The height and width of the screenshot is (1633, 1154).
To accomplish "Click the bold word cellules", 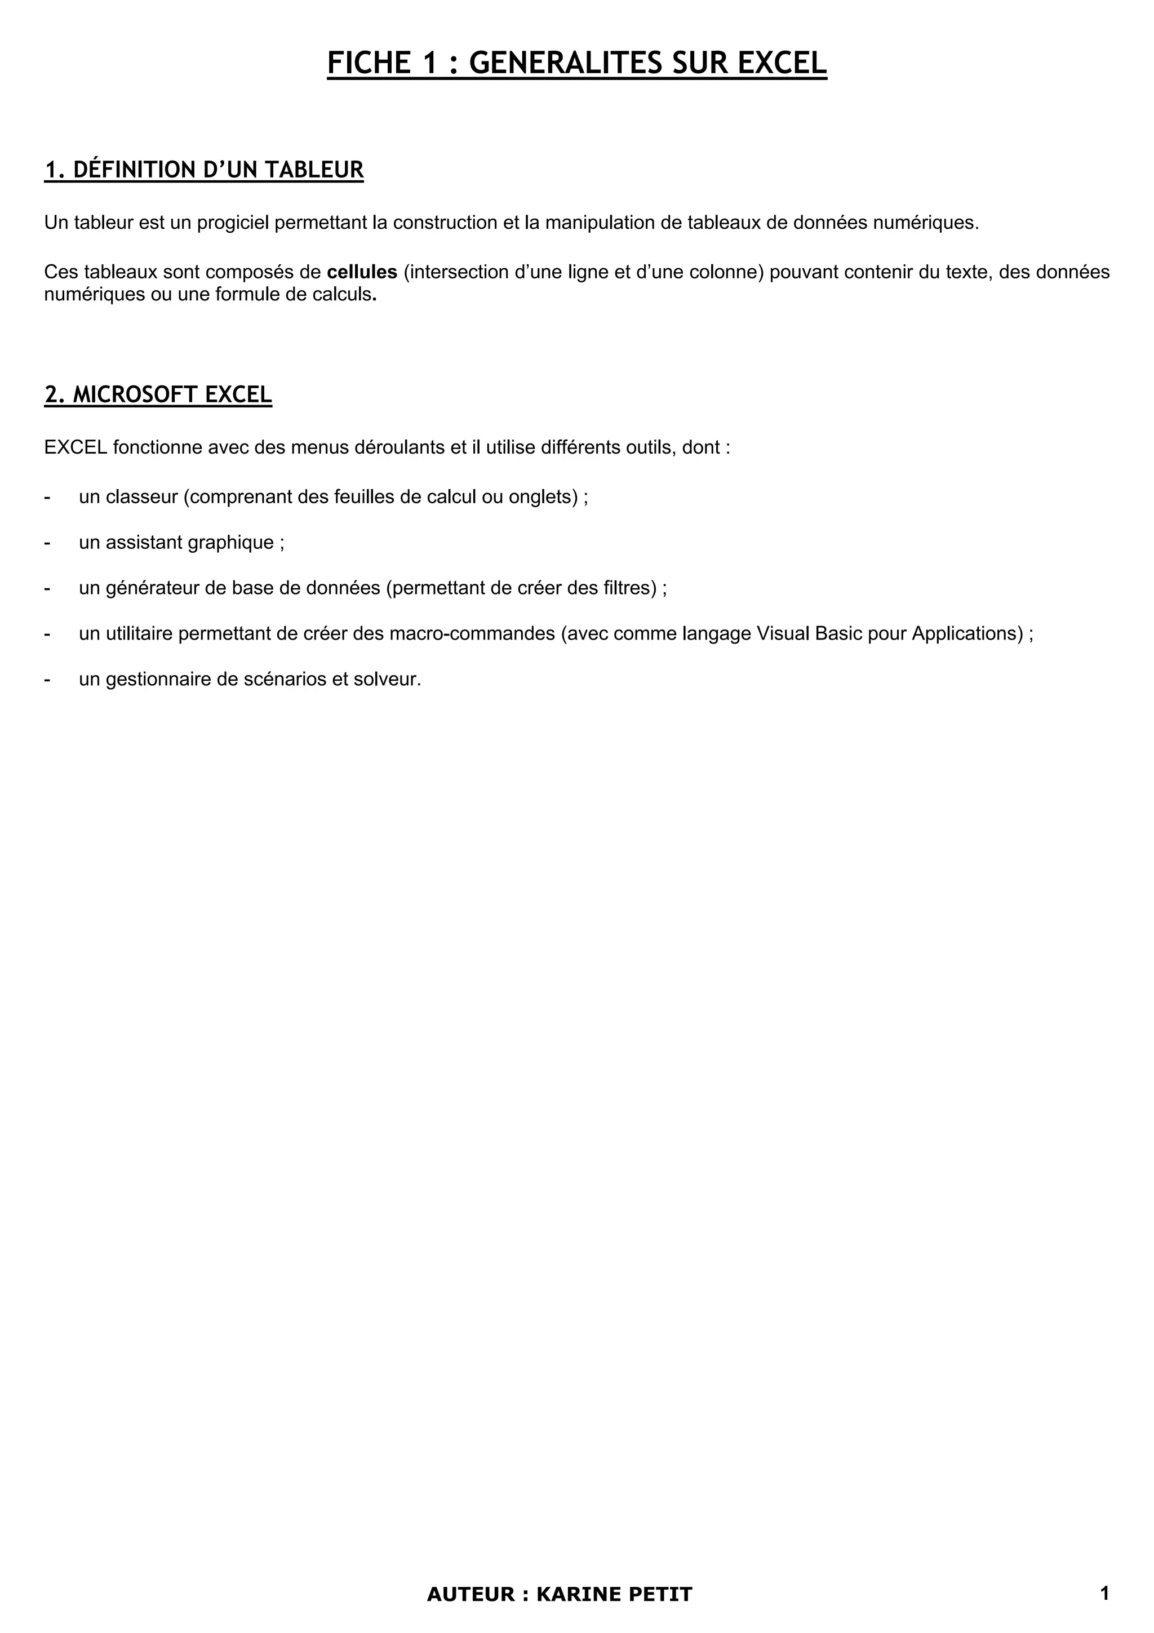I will coord(362,272).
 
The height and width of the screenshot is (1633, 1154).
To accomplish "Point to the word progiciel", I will coord(233,223).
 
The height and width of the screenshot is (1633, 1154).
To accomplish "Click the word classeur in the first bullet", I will coord(141,496).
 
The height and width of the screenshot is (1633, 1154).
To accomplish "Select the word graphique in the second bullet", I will coord(230,543).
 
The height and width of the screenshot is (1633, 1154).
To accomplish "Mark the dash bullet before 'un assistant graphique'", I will coord(47,543).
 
